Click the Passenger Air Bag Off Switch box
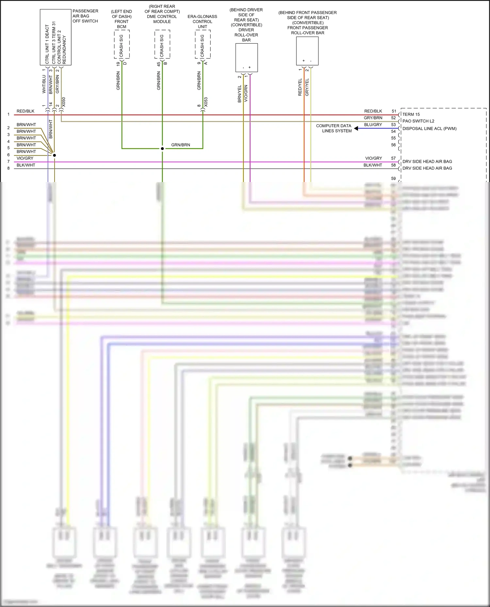click(x=56, y=37)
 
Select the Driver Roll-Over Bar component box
click(x=247, y=57)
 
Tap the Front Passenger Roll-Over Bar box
click(x=307, y=51)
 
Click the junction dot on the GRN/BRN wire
click(x=162, y=149)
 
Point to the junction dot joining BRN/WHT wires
click(x=54, y=155)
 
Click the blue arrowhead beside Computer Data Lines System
click(x=356, y=129)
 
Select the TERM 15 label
click(x=411, y=114)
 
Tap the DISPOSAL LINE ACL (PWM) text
click(x=429, y=129)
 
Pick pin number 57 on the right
click(x=393, y=158)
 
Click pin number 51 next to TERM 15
click(x=394, y=111)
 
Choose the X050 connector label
click(x=64, y=102)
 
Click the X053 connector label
click(x=206, y=102)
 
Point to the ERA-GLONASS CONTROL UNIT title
click(x=202, y=22)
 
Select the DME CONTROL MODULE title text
click(x=162, y=19)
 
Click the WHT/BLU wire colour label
click(x=44, y=84)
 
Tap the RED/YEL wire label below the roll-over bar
click(x=300, y=87)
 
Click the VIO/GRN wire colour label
click(x=246, y=94)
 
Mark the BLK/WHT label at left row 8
click(x=26, y=165)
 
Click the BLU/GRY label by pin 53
click(x=373, y=125)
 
